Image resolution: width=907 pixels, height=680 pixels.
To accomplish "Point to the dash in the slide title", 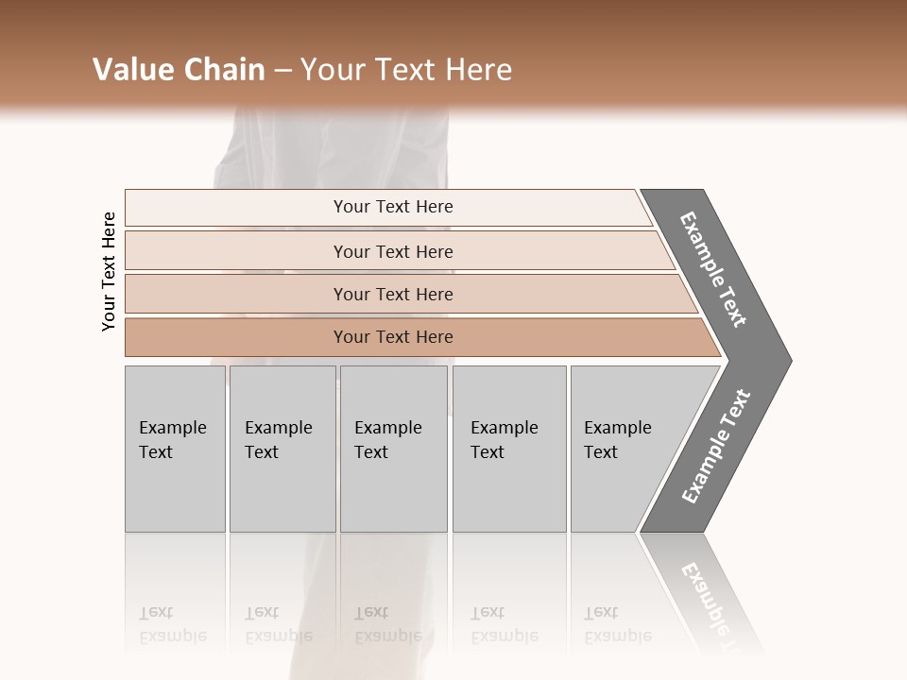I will (x=282, y=71).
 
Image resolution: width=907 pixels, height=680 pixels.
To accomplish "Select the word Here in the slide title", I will (x=478, y=70).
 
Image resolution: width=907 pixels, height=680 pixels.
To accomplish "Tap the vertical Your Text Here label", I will (x=109, y=271).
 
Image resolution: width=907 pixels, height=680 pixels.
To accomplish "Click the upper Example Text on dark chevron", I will (x=713, y=269).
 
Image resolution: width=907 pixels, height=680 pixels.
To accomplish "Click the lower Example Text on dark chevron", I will (x=716, y=446).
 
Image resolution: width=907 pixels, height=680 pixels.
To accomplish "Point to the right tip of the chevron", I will (x=789, y=360).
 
